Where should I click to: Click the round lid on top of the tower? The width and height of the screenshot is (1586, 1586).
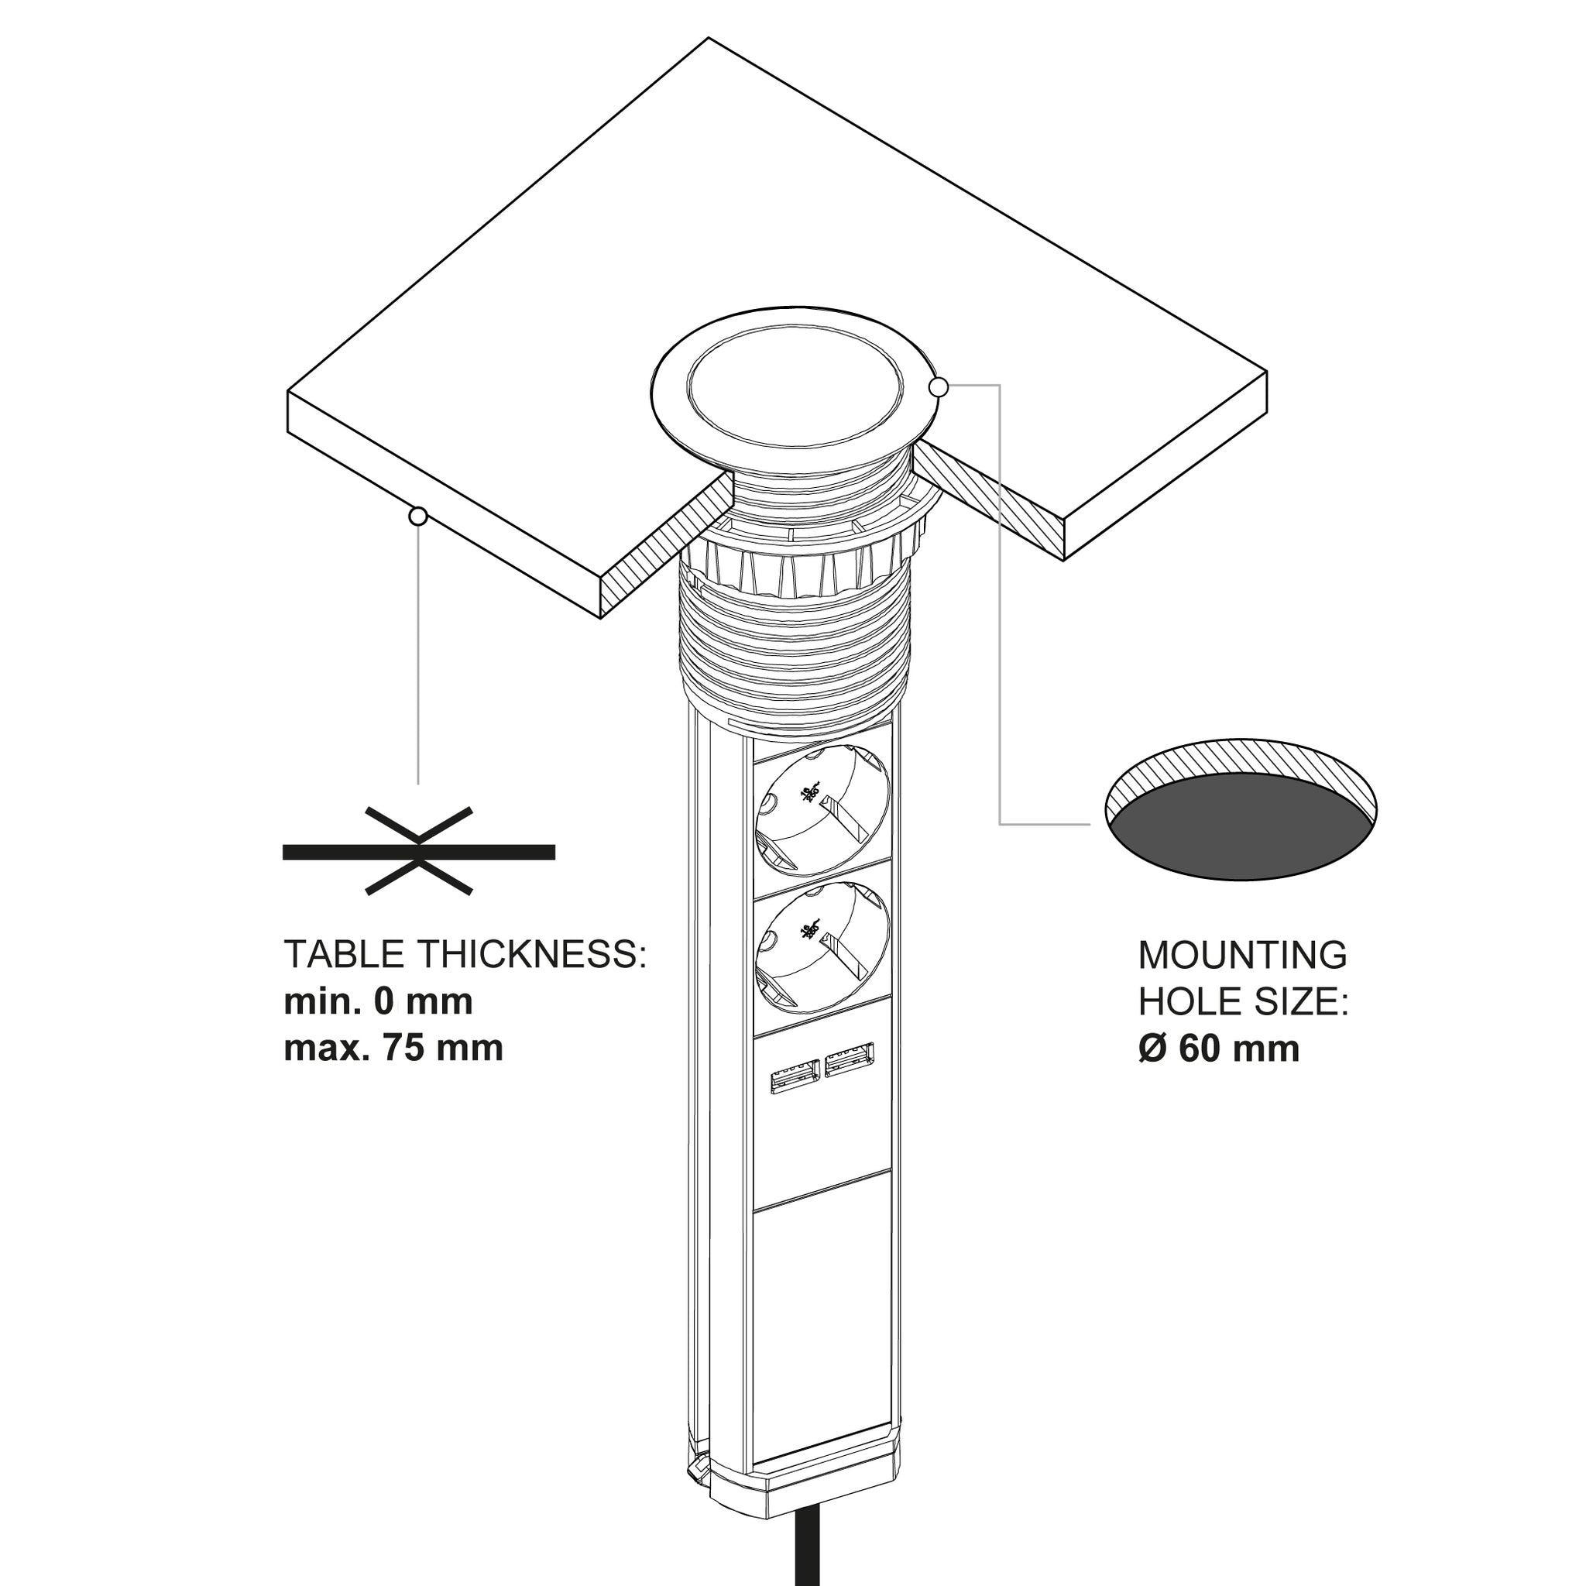(x=795, y=382)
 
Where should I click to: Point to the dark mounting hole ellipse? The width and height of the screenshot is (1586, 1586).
(x=1240, y=831)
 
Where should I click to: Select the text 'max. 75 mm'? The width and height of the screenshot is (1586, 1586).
(x=393, y=1049)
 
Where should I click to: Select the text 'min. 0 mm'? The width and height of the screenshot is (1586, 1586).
(x=379, y=1001)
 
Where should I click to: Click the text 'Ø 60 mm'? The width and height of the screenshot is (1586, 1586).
(x=1219, y=1049)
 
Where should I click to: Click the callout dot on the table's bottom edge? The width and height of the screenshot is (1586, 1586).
(x=419, y=517)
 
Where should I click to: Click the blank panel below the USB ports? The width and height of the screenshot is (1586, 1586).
(x=822, y=1289)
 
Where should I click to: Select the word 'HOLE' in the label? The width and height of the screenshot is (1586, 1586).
(x=1180, y=1002)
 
